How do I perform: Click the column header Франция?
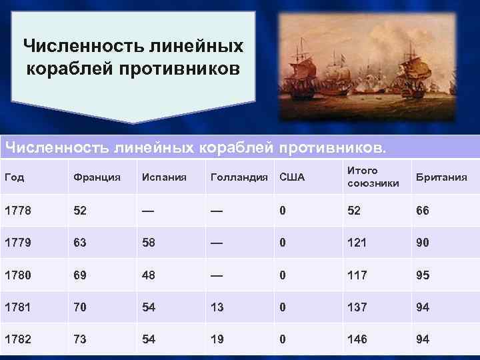[97, 177]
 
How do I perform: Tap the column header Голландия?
[238, 177]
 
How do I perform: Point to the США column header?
[292, 177]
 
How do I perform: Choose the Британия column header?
[441, 177]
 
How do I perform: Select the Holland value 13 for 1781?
[217, 307]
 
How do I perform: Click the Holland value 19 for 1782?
[217, 339]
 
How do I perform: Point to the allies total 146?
[357, 339]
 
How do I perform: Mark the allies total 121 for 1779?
[356, 243]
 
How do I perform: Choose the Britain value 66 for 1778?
[423, 211]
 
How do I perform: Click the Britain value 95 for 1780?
[423, 275]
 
